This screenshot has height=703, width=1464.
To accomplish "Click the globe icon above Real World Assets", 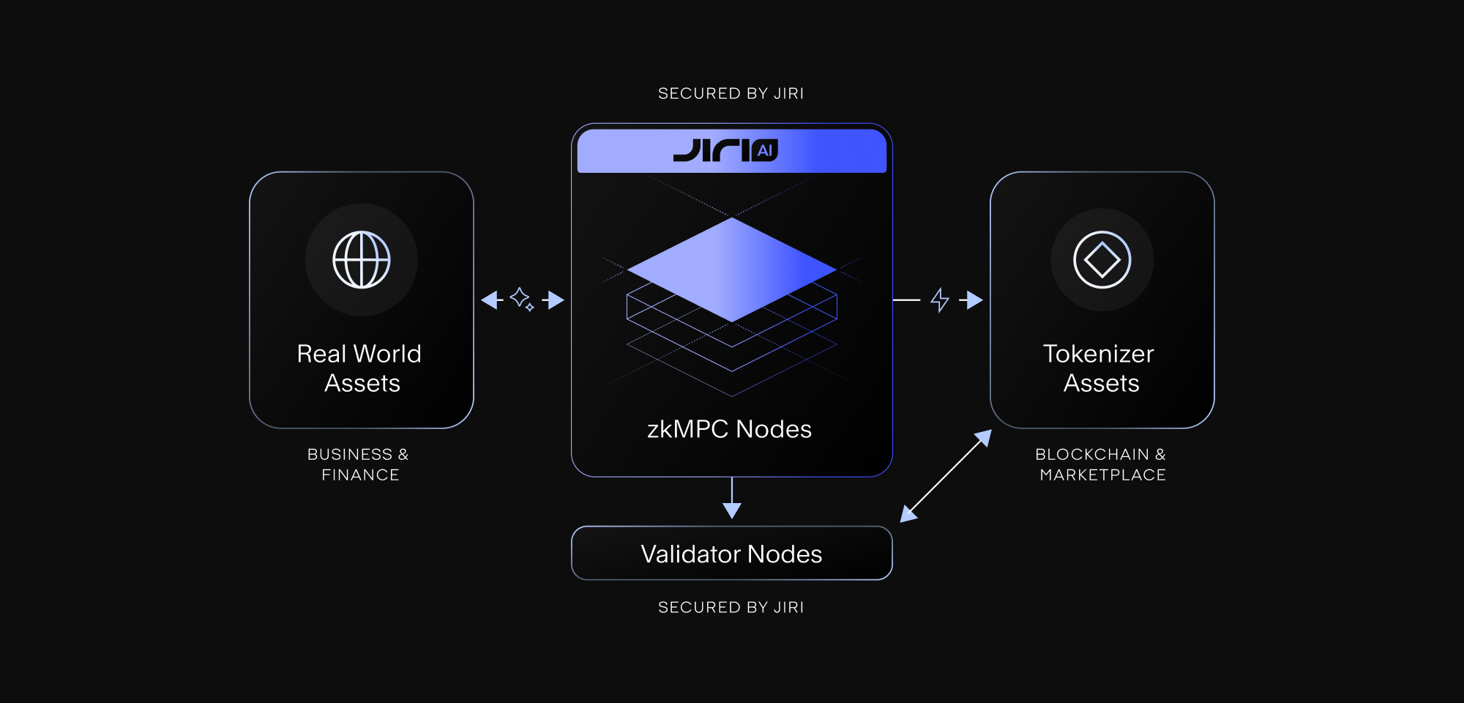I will [362, 260].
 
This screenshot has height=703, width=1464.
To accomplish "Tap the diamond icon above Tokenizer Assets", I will [1102, 260].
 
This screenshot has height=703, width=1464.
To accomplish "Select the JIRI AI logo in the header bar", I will [725, 150].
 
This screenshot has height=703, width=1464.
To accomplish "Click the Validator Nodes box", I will [731, 554].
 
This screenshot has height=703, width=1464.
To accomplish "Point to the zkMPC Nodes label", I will [730, 429].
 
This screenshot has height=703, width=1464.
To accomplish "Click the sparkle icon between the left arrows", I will [522, 299].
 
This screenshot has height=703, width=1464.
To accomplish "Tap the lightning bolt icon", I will [940, 300].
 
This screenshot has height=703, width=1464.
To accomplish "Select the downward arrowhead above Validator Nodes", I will [732, 510].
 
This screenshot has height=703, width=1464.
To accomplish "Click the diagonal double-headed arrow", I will [946, 476].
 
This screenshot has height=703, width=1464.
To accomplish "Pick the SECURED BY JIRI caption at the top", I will [731, 94].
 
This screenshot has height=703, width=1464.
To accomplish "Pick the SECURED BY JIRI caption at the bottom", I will [731, 608].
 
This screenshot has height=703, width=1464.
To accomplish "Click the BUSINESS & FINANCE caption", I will [359, 464].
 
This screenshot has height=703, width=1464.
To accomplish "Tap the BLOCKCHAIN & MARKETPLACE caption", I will [1101, 464].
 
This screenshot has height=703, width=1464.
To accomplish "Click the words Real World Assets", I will [360, 368].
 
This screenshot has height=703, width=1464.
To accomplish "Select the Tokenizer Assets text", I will [1100, 368].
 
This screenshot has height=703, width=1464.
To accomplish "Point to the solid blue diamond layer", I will [732, 269].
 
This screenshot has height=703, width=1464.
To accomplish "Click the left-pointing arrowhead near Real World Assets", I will [490, 300].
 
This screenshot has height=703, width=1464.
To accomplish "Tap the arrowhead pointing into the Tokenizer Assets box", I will [974, 300].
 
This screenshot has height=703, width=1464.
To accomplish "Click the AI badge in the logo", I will [765, 151].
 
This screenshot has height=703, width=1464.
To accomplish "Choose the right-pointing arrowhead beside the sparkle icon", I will [556, 300].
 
